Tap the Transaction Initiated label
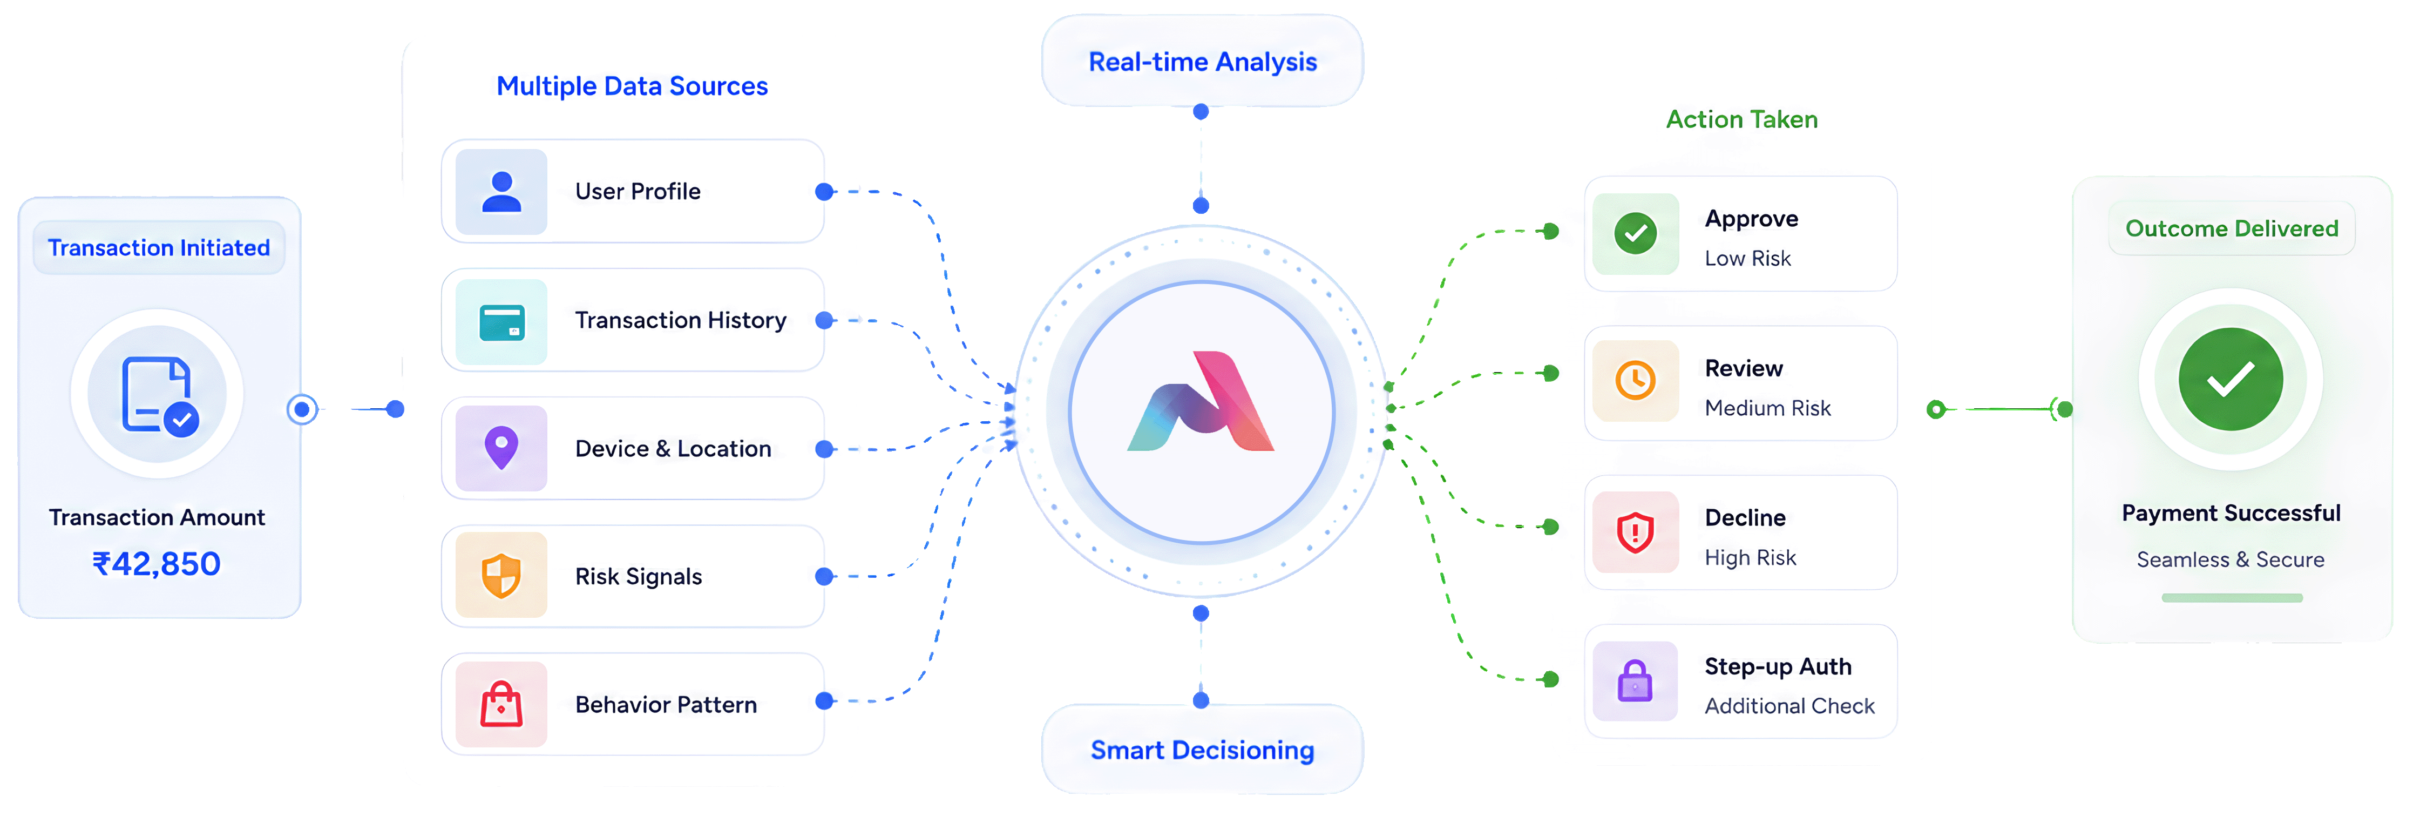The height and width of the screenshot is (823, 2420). click(x=159, y=247)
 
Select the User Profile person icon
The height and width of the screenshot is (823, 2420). click(x=501, y=192)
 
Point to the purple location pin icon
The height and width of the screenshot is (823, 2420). click(x=501, y=448)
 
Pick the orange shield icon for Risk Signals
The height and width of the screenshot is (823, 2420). click(x=501, y=576)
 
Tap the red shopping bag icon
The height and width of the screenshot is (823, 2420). click(x=501, y=704)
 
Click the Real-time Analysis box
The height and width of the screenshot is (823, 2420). click(x=1203, y=61)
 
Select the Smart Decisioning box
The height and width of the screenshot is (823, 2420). click(x=1203, y=750)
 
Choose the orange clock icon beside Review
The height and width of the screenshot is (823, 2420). click(x=1636, y=381)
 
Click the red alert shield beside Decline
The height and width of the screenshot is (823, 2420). click(x=1636, y=532)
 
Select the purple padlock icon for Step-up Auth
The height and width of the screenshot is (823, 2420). click(x=1636, y=681)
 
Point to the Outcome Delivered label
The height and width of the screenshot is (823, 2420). click(x=2232, y=228)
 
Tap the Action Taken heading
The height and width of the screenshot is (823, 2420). click(x=1742, y=119)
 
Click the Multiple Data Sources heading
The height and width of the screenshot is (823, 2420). click(x=632, y=86)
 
